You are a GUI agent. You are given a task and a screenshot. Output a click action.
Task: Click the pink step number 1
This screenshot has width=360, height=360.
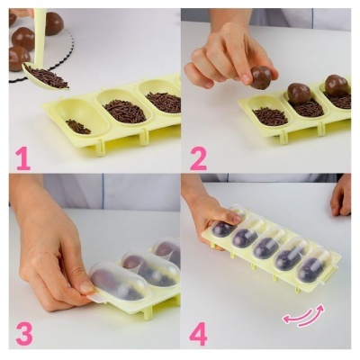click(22, 158)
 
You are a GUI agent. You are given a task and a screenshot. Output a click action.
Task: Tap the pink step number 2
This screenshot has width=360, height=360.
click(198, 158)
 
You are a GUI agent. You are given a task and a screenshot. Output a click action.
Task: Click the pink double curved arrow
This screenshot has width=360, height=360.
click(303, 316)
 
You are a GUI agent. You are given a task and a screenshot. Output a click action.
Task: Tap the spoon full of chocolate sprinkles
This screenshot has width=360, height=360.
click(46, 78)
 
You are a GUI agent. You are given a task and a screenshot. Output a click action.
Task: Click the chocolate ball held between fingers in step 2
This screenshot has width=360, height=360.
click(261, 78)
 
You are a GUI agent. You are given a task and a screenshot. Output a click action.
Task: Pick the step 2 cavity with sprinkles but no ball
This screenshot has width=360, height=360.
click(270, 115)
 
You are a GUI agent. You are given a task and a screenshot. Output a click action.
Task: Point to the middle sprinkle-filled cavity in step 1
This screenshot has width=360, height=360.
click(124, 111)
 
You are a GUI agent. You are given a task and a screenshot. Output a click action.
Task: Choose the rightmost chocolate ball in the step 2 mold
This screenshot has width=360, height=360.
click(337, 86)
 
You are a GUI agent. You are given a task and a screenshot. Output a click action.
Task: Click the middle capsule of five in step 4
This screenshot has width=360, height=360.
click(265, 247)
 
